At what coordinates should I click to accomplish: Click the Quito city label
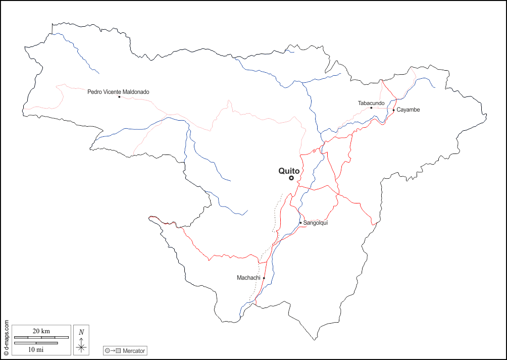pyautogui.click(x=289, y=171)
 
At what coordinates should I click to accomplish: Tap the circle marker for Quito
pyautogui.click(x=291, y=178)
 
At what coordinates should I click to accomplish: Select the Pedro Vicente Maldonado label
pyautogui.click(x=118, y=92)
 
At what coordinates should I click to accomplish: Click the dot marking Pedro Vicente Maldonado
pyautogui.click(x=119, y=97)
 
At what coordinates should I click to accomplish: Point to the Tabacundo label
pyautogui.click(x=371, y=103)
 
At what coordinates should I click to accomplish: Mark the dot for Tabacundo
pyautogui.click(x=371, y=108)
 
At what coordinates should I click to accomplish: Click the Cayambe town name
pyautogui.click(x=408, y=110)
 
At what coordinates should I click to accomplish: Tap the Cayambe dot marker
pyautogui.click(x=394, y=110)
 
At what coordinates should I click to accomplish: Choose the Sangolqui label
pyautogui.click(x=316, y=223)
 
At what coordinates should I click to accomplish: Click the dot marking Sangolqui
pyautogui.click(x=300, y=223)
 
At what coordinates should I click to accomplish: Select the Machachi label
pyautogui.click(x=248, y=278)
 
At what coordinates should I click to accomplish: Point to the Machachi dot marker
pyautogui.click(x=264, y=278)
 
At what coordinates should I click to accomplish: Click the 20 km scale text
pyautogui.click(x=41, y=331)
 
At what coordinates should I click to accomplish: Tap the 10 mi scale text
pyautogui.click(x=35, y=349)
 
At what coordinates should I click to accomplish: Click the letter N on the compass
pyautogui.click(x=81, y=332)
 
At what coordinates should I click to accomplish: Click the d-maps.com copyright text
pyautogui.click(x=6, y=338)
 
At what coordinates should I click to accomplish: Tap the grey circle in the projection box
pyautogui.click(x=108, y=350)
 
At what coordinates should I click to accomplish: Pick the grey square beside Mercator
pyautogui.click(x=118, y=350)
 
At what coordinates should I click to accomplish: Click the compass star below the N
pyautogui.click(x=81, y=347)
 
